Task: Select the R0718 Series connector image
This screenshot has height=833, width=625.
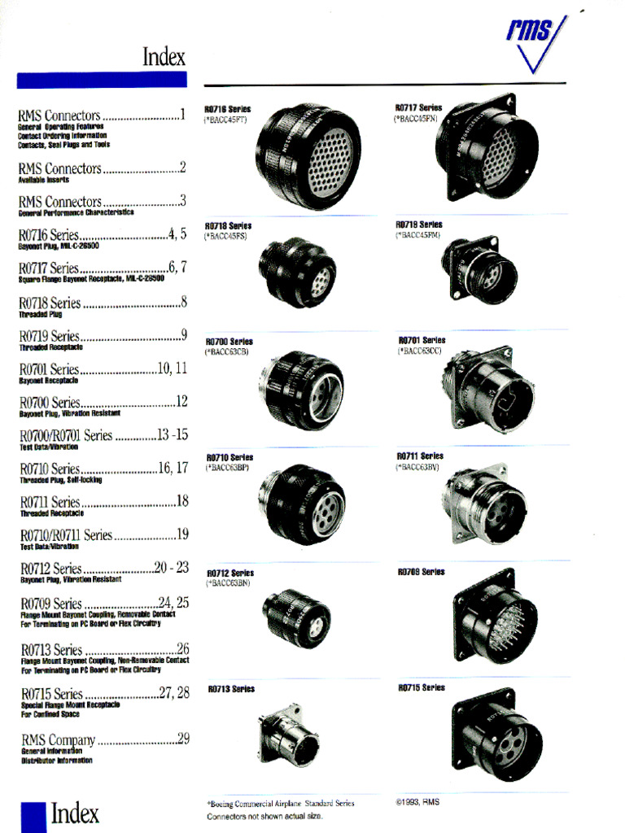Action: [297, 272]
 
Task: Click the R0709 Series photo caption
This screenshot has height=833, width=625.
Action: [421, 572]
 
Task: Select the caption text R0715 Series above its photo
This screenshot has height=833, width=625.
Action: [422, 688]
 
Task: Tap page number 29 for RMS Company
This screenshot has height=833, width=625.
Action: [183, 739]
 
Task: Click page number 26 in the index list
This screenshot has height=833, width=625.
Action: [183, 648]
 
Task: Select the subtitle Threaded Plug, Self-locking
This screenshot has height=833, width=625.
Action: [60, 480]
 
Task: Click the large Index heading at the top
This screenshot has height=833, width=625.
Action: [164, 57]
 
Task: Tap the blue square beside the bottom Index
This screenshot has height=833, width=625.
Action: [33, 816]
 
